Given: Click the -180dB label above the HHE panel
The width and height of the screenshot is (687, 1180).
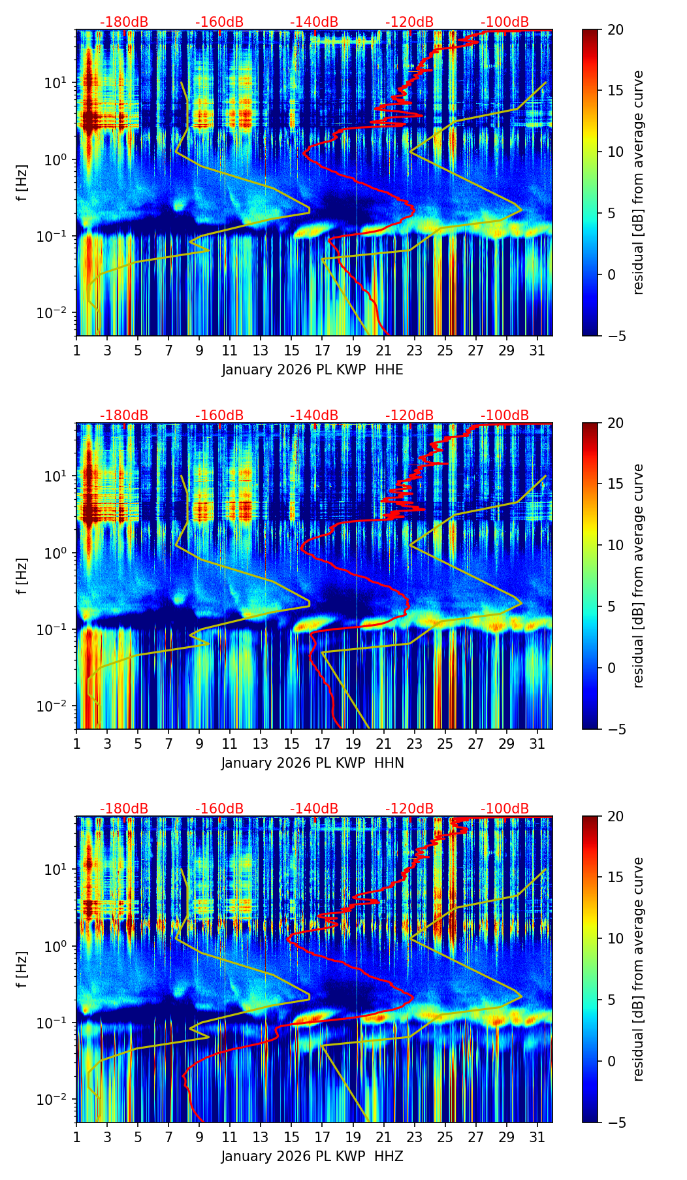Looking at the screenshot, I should click(124, 22).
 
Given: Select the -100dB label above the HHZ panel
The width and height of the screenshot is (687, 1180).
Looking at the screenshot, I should click(505, 809).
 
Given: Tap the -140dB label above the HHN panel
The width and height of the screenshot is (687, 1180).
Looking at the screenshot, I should click(314, 416).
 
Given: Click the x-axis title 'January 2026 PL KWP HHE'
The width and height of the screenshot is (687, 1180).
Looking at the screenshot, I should click(312, 370).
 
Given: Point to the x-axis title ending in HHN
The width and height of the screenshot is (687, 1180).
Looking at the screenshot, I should click(312, 763).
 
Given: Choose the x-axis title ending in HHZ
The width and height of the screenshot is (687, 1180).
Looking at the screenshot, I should click(312, 1156).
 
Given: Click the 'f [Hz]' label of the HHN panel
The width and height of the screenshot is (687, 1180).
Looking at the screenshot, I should click(23, 576).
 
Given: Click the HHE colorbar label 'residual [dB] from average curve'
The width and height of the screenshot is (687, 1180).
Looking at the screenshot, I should click(639, 182).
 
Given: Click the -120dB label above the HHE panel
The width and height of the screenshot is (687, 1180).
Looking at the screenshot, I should click(409, 22).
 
